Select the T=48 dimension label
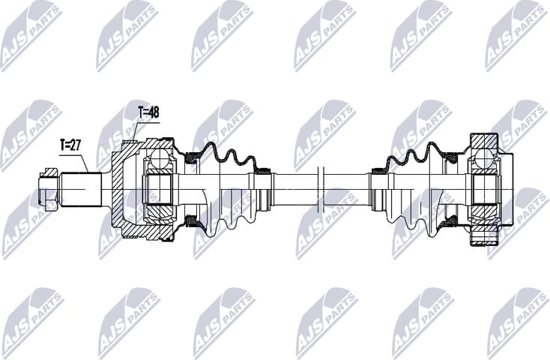click(148, 112)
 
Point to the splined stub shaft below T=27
click(81, 188)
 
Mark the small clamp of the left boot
click(263, 172)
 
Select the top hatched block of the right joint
click(484, 140)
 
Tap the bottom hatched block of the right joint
click(484, 238)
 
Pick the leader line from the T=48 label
click(136, 131)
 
